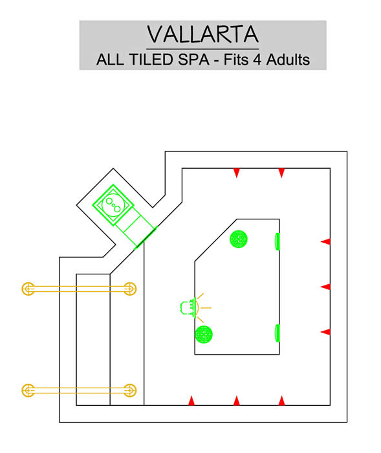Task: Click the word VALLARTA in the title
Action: pyautogui.click(x=202, y=34)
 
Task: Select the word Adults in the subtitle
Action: pyautogui.click(x=288, y=60)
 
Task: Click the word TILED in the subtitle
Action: pyautogui.click(x=151, y=60)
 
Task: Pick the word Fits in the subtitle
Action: pyautogui.click(x=236, y=60)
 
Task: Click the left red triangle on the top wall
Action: pyautogui.click(x=237, y=173)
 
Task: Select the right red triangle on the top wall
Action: pyautogui.click(x=281, y=173)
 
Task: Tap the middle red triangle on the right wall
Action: pyautogui.click(x=325, y=287)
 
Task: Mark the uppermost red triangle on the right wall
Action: pyautogui.click(x=325, y=241)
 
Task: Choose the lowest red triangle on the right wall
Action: pyautogui.click(x=325, y=331)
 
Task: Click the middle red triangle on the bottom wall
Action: pyautogui.click(x=237, y=401)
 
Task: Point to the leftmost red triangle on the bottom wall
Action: pyautogui.click(x=191, y=401)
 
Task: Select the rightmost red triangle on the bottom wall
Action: pyautogui.click(x=281, y=401)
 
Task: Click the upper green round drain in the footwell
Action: pyautogui.click(x=239, y=239)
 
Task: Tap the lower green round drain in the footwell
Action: pyautogui.click(x=204, y=335)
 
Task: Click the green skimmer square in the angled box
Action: pyautogui.click(x=113, y=205)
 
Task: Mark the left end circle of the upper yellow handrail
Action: pyautogui.click(x=28, y=289)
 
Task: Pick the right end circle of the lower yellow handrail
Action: pyautogui.click(x=130, y=390)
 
